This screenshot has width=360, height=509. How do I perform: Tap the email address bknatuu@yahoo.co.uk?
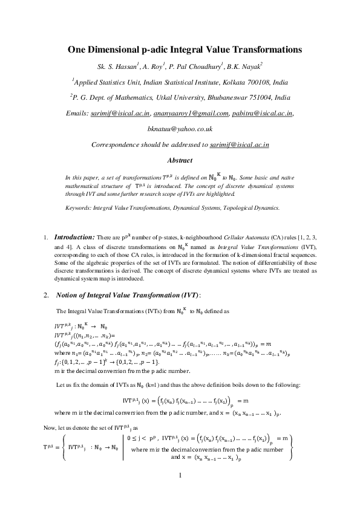coord(180,129)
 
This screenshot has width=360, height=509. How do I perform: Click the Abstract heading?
coord(180,160)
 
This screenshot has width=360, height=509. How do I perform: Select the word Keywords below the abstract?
coord(79,208)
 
